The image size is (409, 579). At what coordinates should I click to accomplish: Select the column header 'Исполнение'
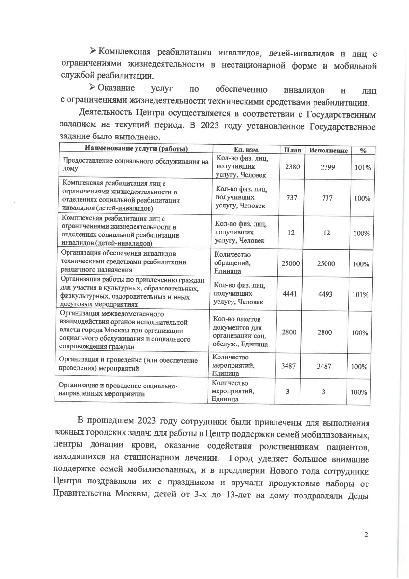point(328,151)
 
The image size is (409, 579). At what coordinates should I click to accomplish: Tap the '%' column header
point(362,151)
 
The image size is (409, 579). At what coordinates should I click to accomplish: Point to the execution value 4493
point(328,294)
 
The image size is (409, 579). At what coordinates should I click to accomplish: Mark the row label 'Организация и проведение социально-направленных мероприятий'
point(118,389)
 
